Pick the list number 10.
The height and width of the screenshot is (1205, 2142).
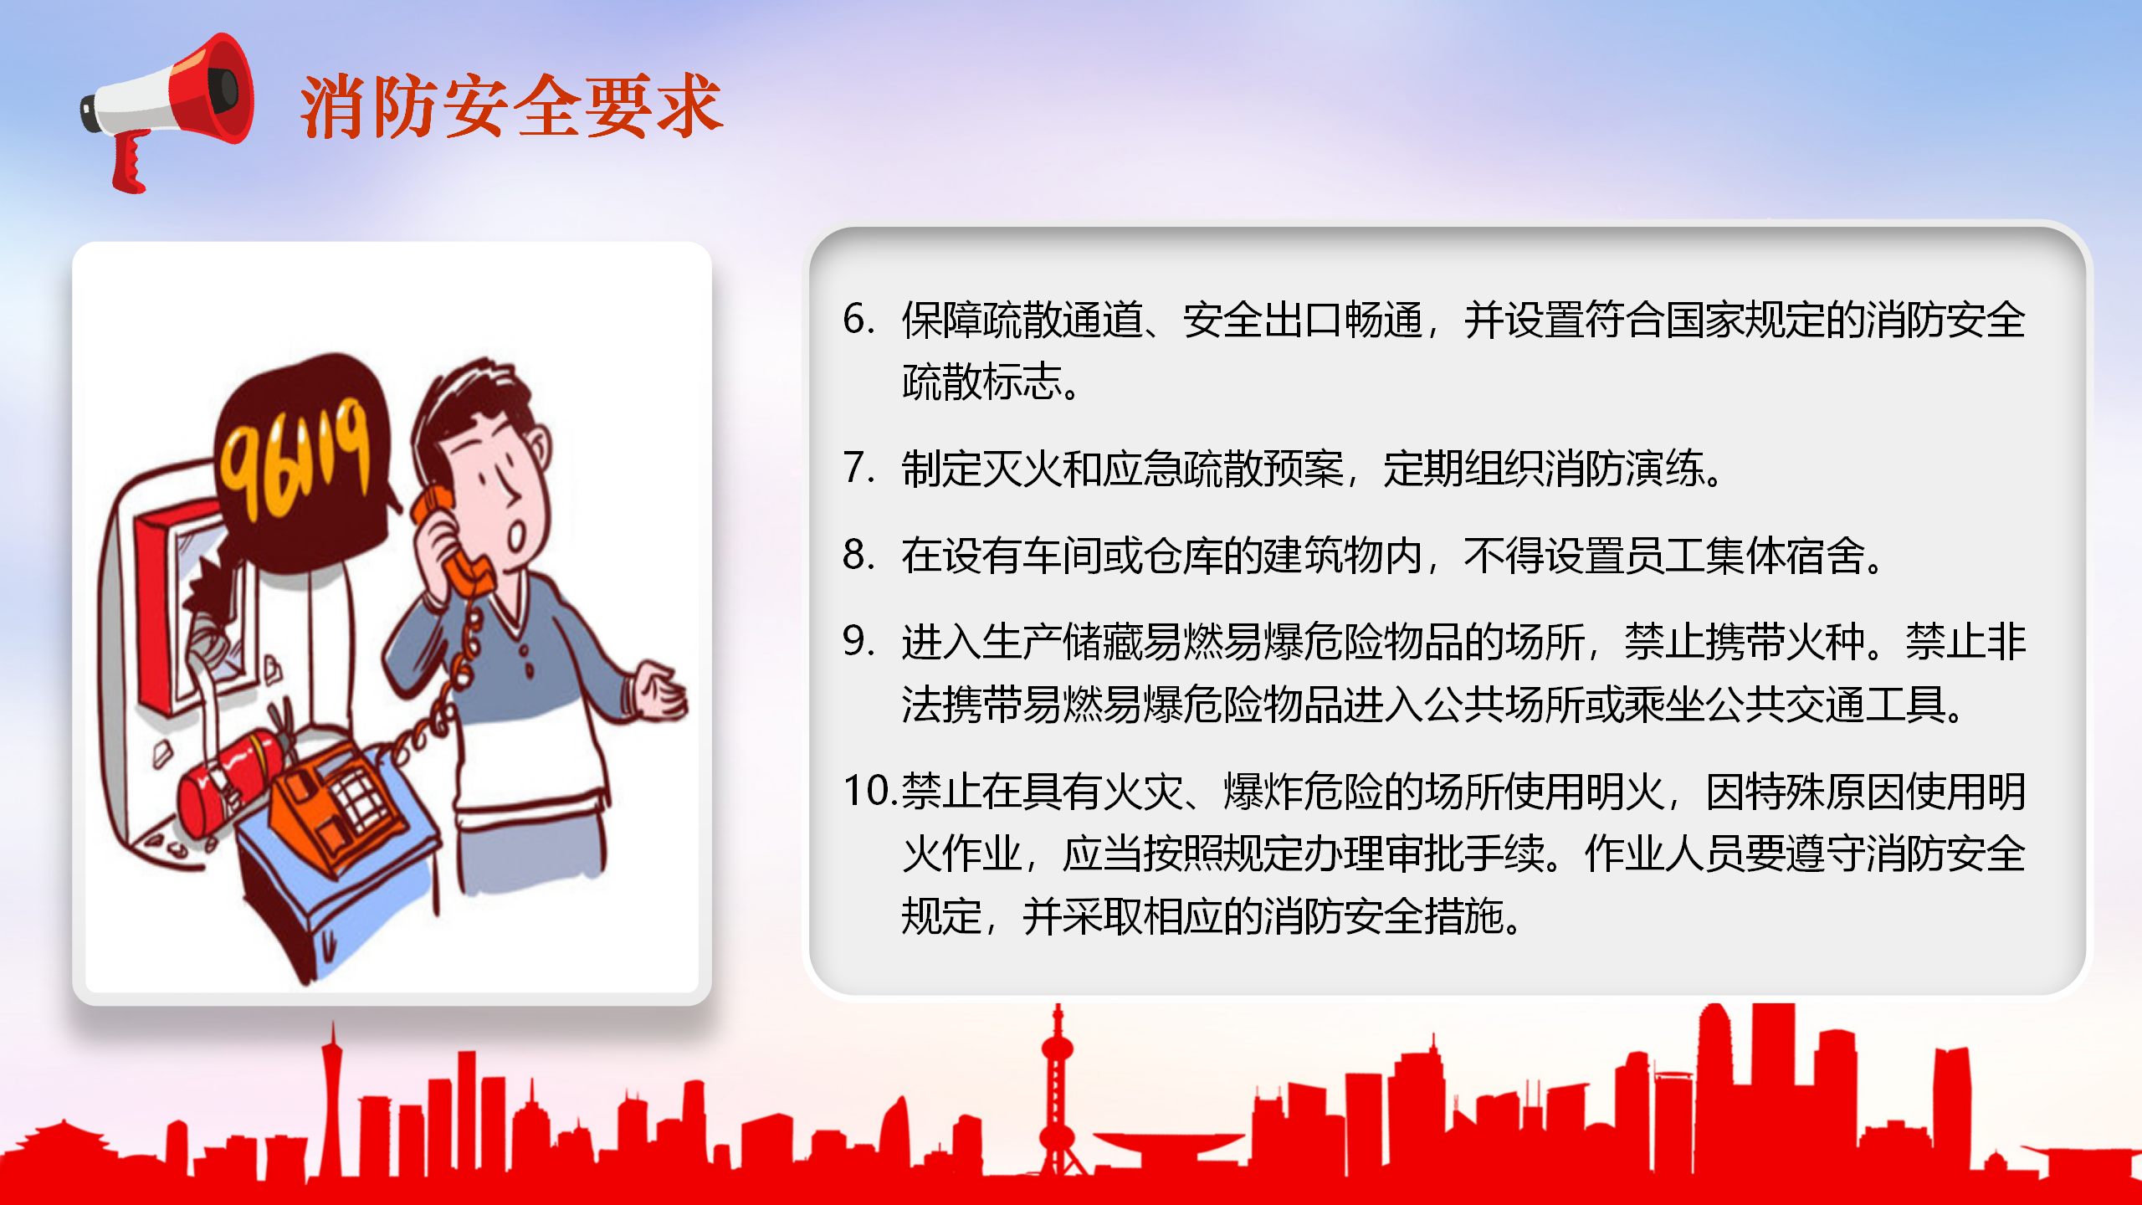point(870,791)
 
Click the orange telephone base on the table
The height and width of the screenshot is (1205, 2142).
point(335,803)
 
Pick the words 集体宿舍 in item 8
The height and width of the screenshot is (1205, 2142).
point(1786,555)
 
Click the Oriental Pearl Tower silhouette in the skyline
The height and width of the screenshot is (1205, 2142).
point(1058,1096)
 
